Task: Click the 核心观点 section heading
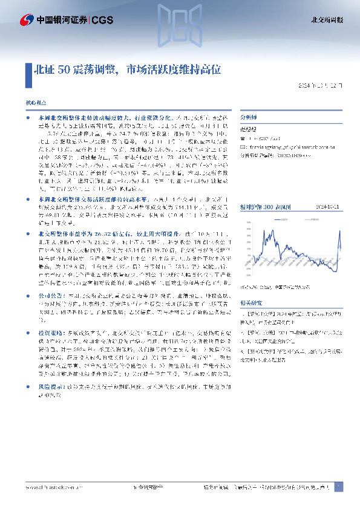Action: tap(34, 105)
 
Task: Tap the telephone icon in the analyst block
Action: tap(243, 138)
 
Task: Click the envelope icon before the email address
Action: tap(243, 146)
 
